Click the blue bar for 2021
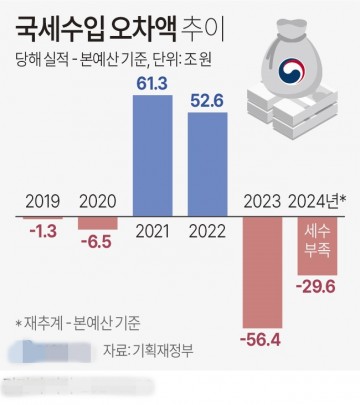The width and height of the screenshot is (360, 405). click(x=154, y=152)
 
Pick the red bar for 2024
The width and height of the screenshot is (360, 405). click(x=322, y=246)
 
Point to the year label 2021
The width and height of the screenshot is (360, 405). click(x=154, y=230)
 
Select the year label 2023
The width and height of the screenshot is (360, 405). click(x=266, y=199)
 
